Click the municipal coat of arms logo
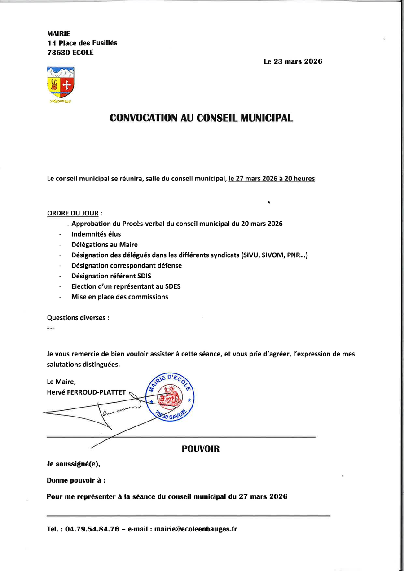tap(61, 83)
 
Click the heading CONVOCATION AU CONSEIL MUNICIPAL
tap(202, 118)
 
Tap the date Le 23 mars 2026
tap(293, 62)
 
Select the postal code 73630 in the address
tap(57, 52)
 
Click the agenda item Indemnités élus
tap(96, 234)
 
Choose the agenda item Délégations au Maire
tap(105, 245)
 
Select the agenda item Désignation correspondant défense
tap(127, 265)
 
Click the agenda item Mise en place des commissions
tap(120, 297)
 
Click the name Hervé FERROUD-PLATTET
tap(87, 392)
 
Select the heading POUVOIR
tap(201, 449)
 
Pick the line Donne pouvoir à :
tap(76, 480)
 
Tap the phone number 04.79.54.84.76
tap(92, 529)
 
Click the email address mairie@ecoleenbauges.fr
tap(196, 529)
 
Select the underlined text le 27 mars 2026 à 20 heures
tap(272, 179)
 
